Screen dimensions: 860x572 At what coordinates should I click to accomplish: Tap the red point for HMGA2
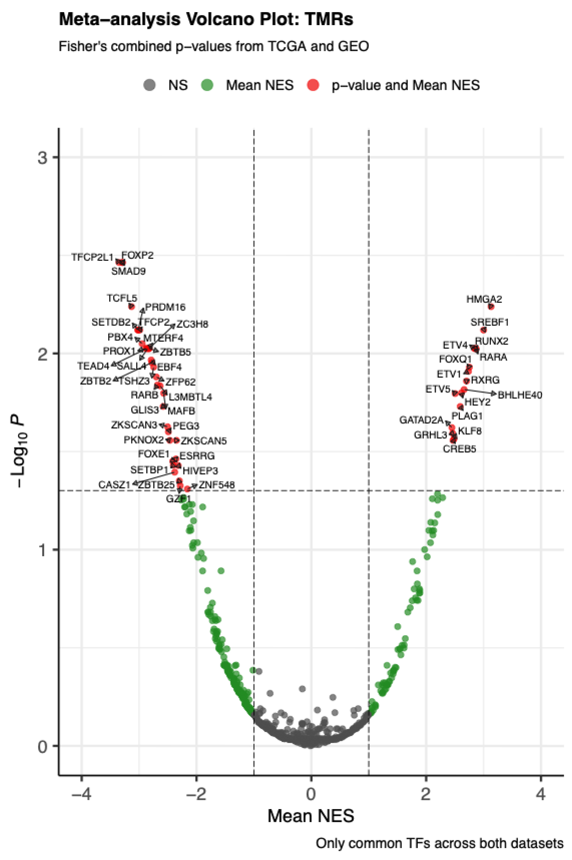(x=491, y=307)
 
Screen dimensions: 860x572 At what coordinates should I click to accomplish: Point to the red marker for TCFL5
(x=132, y=306)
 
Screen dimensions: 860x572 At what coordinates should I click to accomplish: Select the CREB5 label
(x=459, y=449)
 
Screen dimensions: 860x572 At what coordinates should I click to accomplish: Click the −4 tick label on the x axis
(x=81, y=794)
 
